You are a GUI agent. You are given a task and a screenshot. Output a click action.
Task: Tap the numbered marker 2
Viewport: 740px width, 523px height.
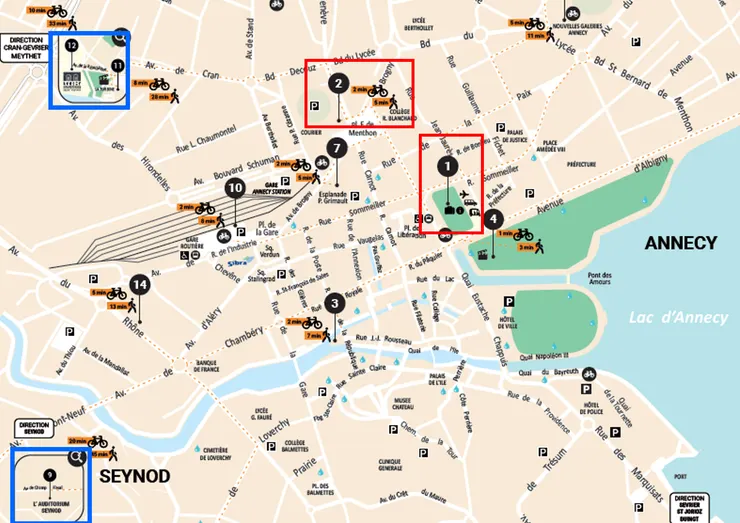(x=339, y=84)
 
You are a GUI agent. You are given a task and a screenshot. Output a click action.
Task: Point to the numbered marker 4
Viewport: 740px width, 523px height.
(x=493, y=219)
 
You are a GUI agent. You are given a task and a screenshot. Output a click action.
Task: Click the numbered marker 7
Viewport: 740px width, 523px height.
(x=336, y=149)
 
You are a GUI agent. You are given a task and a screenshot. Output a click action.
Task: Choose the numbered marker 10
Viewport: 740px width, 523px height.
(x=235, y=187)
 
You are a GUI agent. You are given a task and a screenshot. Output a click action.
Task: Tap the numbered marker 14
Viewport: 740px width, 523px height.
(x=139, y=285)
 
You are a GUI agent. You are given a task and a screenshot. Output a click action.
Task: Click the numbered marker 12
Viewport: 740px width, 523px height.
(x=71, y=46)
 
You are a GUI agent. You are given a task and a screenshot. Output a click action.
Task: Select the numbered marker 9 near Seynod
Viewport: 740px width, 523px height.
(x=48, y=473)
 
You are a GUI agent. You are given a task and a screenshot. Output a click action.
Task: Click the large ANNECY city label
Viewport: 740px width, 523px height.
(x=680, y=243)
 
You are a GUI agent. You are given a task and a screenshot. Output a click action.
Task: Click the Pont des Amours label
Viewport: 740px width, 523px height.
(x=599, y=280)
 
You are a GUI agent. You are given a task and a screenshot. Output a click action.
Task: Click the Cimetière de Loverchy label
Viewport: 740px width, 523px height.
(x=224, y=455)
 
